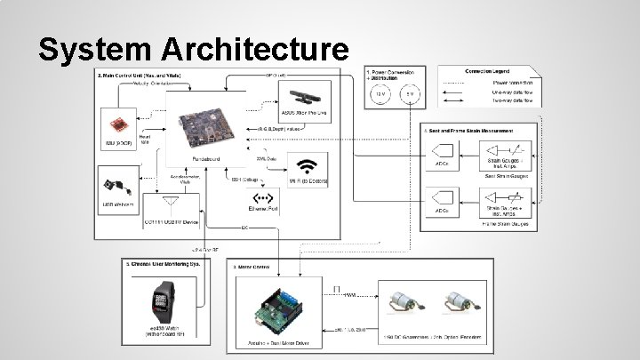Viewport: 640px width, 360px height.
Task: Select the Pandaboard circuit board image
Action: (206, 127)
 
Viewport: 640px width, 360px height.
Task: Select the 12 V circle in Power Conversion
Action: (380, 93)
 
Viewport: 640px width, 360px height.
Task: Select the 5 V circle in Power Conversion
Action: (410, 93)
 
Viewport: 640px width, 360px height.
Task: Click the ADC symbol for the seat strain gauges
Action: (441, 153)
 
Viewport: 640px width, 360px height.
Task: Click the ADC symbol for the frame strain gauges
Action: (441, 199)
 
